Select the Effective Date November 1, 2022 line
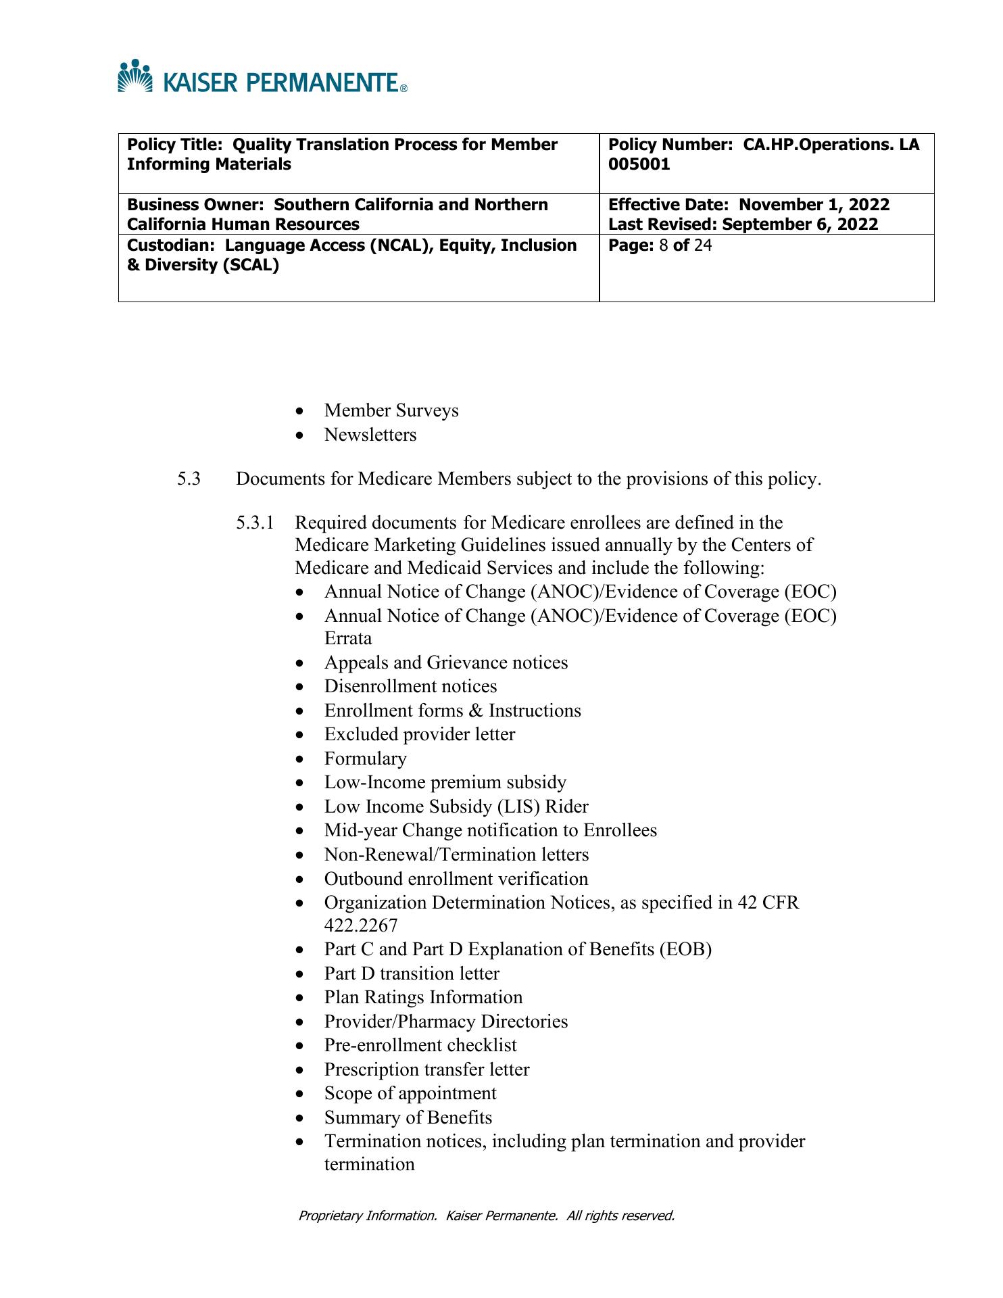point(749,204)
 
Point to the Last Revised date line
point(743,224)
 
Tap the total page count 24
point(702,245)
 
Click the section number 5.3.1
point(255,523)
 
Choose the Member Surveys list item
point(391,410)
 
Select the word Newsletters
point(370,434)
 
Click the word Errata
point(348,638)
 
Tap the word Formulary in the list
point(366,759)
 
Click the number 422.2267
point(361,925)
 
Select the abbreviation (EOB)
point(685,949)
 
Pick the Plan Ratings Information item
point(423,997)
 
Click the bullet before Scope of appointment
point(300,1094)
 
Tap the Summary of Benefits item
point(408,1117)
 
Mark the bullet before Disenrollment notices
point(300,687)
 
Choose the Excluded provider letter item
point(420,734)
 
